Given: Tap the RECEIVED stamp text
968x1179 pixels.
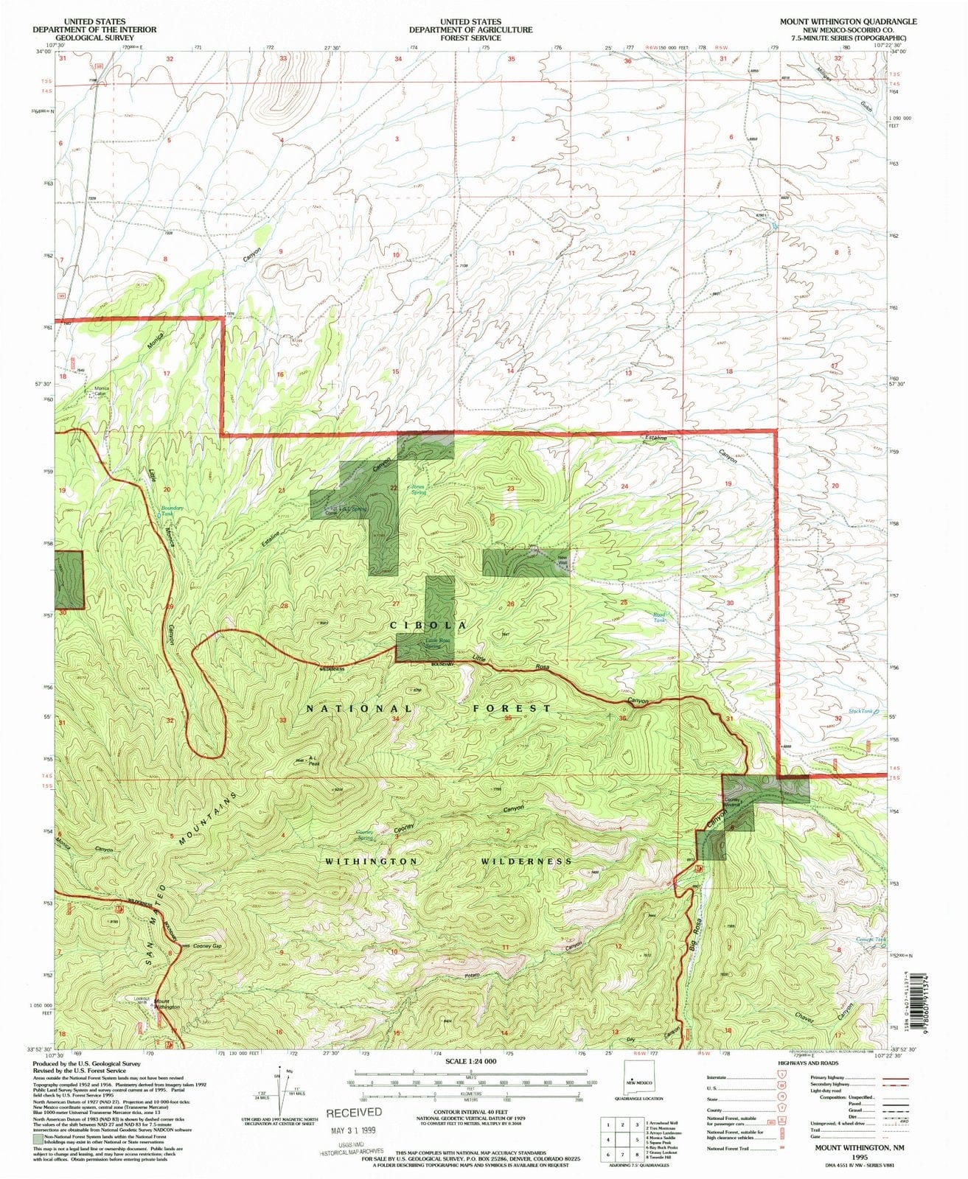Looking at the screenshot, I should coord(355,1112).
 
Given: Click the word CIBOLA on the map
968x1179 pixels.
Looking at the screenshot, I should coord(428,625).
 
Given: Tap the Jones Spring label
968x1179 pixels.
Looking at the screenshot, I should coord(418,489).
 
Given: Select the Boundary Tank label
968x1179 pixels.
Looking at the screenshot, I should coord(171,510).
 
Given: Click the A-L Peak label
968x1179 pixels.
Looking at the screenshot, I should coord(313,763).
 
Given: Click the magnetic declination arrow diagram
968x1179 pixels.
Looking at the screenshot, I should coord(281,1089).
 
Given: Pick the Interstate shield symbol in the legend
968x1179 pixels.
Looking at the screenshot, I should coord(780,1077).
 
